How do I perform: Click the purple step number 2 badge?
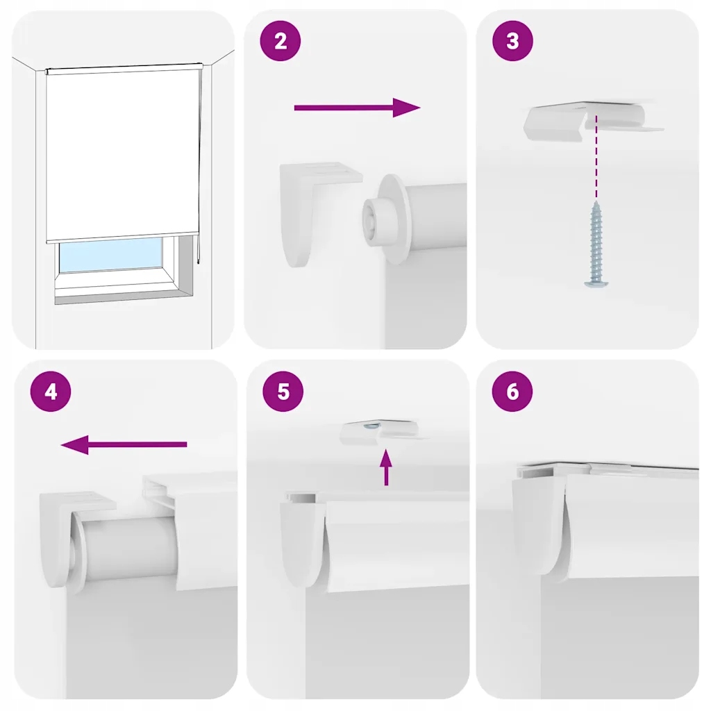point(281,41)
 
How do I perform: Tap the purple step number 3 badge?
point(512,41)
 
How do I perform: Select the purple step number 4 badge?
point(51,392)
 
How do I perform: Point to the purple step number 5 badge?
point(283,392)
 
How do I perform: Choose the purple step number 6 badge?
point(512,392)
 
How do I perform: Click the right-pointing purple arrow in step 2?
point(358,108)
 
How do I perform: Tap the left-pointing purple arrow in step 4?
point(124,444)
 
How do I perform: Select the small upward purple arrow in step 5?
point(386,467)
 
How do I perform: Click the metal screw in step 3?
point(595,244)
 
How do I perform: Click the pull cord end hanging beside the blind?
point(198,262)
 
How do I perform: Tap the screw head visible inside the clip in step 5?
point(373,426)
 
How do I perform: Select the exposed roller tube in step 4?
point(129,550)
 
